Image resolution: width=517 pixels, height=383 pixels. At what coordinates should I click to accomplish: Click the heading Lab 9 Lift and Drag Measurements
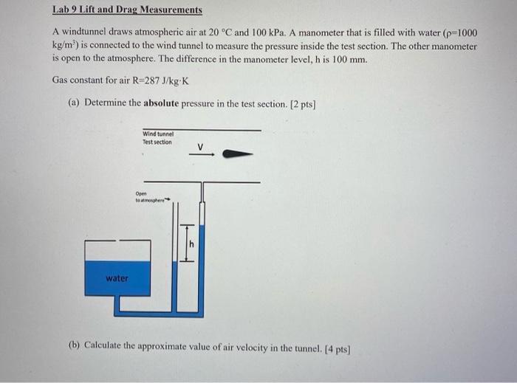tap(127, 11)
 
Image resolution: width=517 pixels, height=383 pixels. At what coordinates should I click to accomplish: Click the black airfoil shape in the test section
tap(238, 154)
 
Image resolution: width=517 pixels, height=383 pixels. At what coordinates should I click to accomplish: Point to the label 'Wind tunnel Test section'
tap(157, 138)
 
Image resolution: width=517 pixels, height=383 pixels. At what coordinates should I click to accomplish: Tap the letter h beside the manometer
tap(192, 244)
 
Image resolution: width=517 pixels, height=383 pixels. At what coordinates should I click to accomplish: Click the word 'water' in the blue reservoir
tap(117, 278)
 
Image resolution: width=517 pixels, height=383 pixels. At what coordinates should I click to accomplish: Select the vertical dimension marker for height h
tap(187, 242)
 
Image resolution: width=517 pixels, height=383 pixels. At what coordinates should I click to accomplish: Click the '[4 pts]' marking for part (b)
tap(335, 345)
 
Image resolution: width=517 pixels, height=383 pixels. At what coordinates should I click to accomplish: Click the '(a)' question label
tap(74, 103)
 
